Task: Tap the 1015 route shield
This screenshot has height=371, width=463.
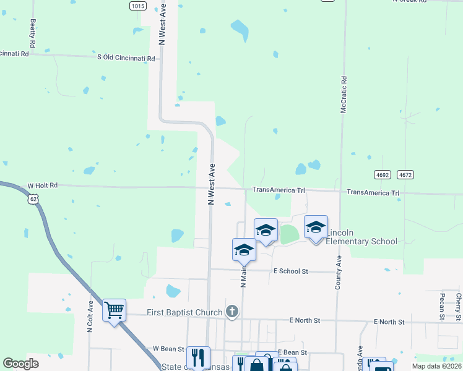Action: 138,6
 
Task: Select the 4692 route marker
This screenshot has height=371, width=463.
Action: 382,175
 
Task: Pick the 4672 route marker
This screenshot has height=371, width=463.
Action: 405,175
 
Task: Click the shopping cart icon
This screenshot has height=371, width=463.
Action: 115,310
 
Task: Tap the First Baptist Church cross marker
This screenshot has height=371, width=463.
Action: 232,312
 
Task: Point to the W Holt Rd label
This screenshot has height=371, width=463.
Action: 43,185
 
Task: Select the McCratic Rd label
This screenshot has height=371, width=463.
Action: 344,95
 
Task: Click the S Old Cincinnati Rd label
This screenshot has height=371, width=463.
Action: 126,58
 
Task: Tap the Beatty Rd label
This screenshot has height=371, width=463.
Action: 33,34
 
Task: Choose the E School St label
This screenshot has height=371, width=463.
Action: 290,271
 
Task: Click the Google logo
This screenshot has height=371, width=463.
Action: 20,364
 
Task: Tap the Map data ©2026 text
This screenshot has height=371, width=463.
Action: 436,366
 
